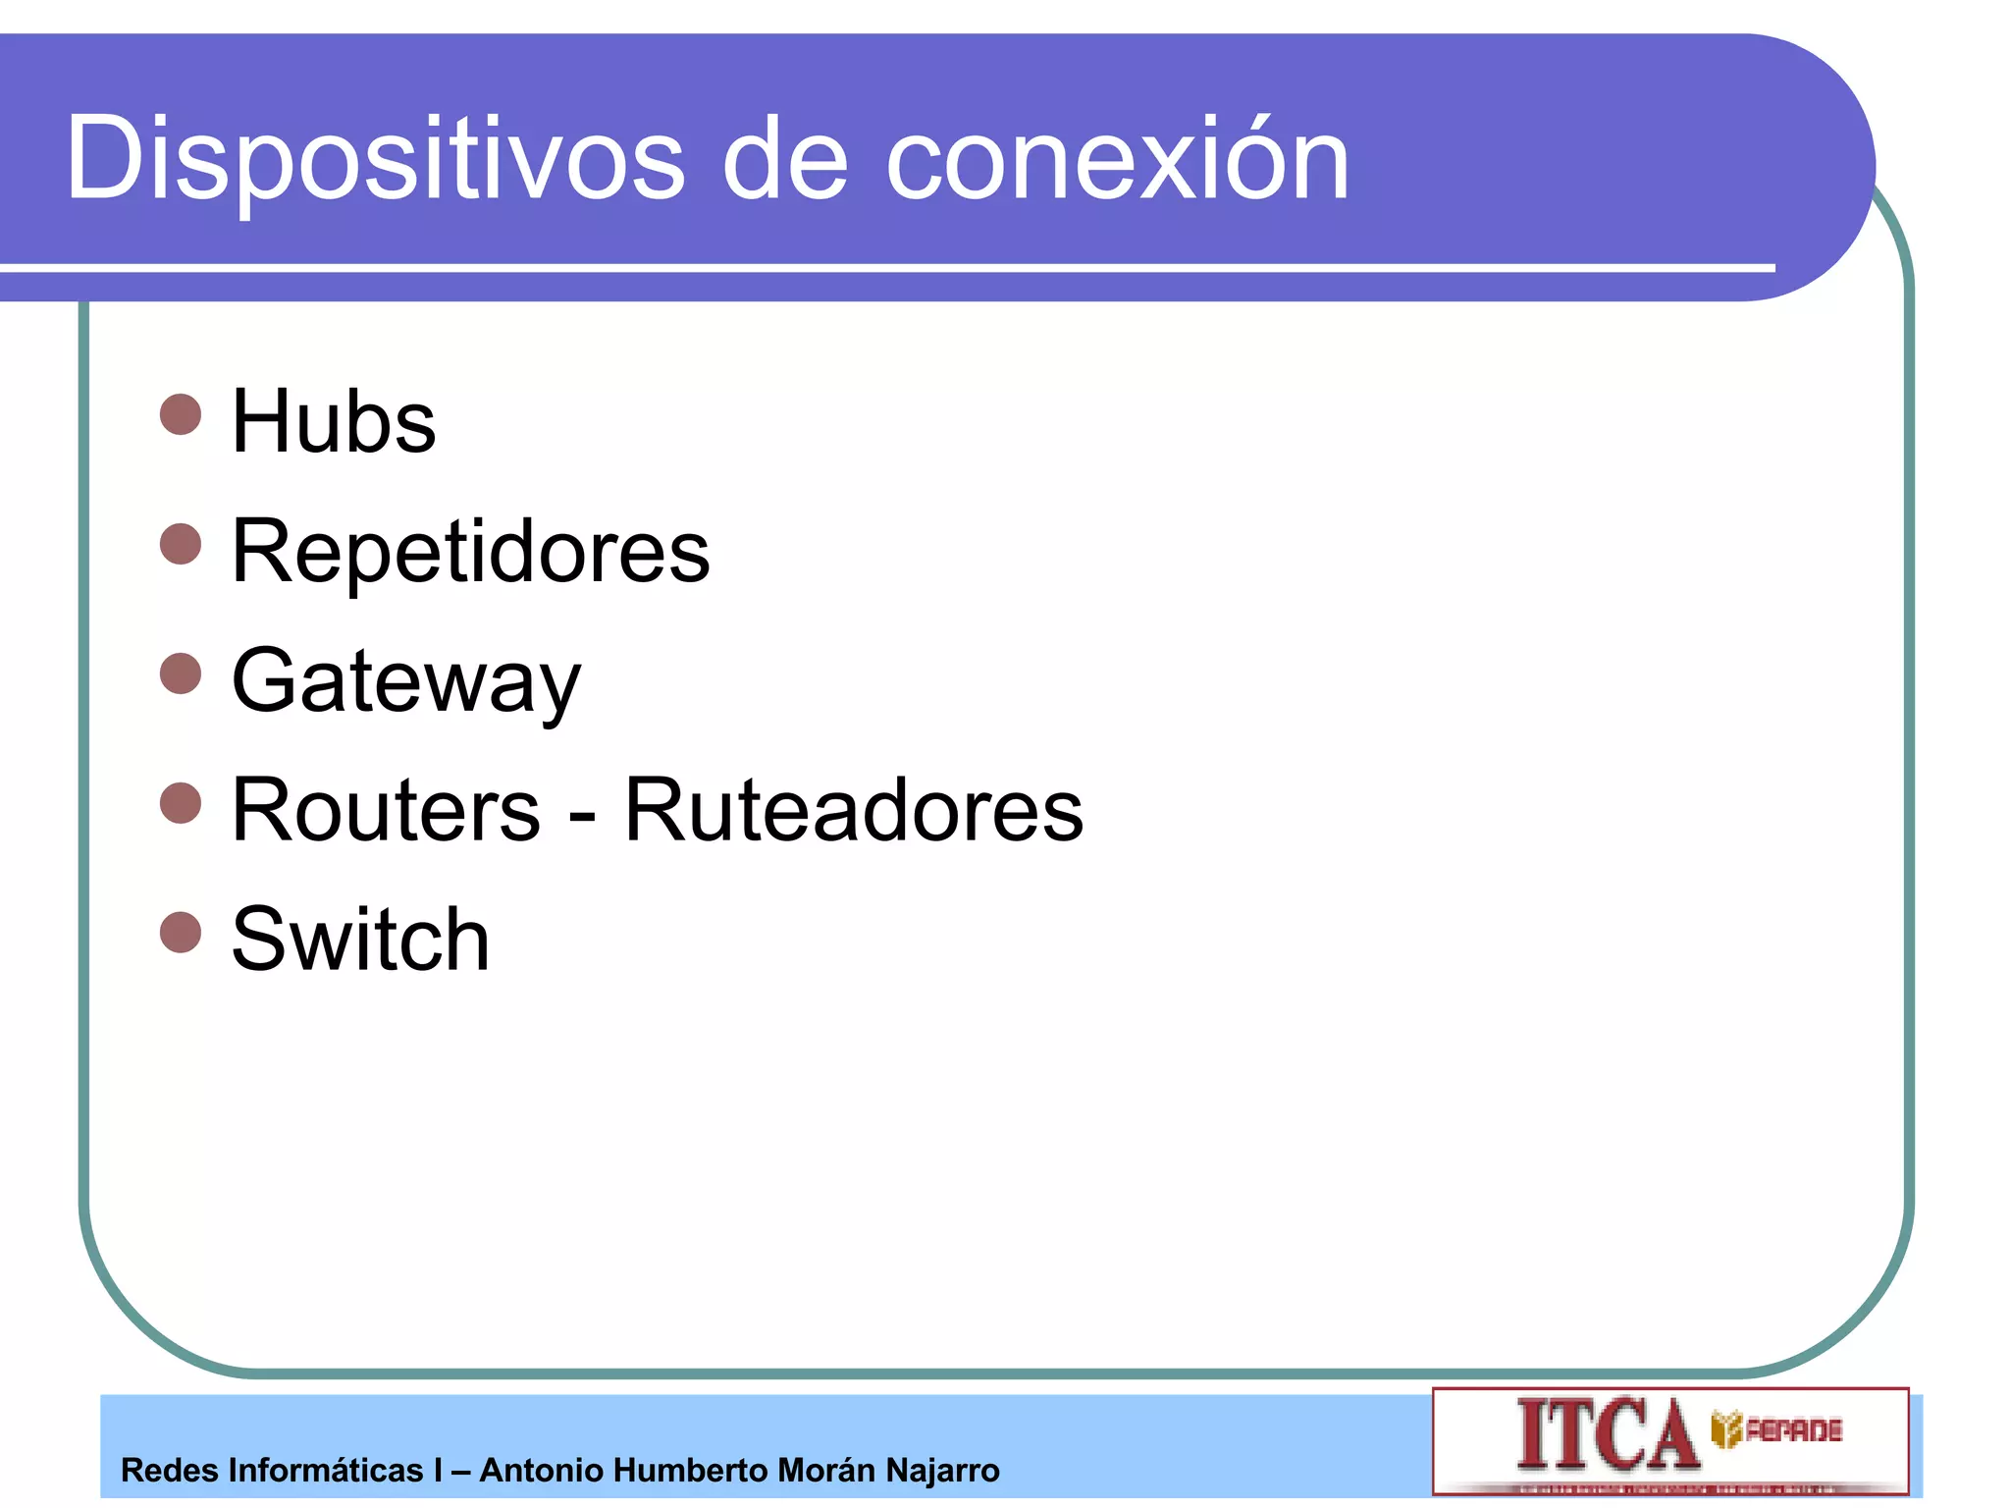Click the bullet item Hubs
point(334,421)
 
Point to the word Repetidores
point(470,551)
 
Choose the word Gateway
point(406,682)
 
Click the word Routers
point(386,810)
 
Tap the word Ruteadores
point(853,810)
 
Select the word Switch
point(360,940)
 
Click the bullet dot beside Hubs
point(181,414)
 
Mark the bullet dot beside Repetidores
point(181,544)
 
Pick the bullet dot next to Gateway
point(181,673)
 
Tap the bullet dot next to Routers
point(181,803)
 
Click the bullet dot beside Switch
point(181,933)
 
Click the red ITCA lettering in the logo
point(1607,1434)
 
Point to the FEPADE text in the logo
point(1793,1430)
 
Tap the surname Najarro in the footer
point(942,1471)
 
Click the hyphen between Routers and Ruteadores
point(582,815)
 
